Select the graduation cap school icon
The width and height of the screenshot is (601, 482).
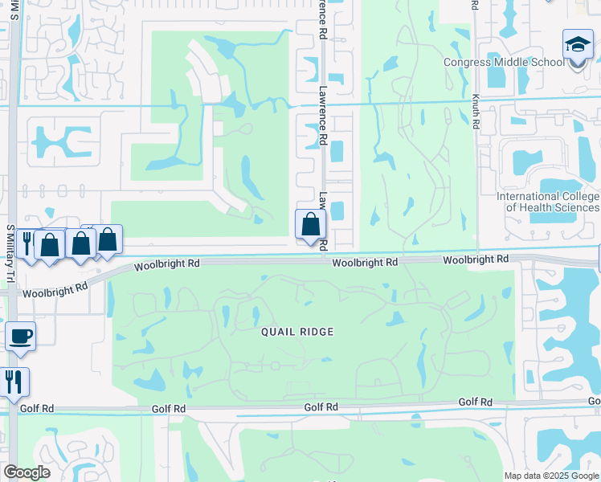578,46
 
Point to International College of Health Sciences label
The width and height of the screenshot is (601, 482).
548,202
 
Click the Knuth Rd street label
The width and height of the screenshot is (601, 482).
476,112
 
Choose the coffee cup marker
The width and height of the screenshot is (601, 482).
20,336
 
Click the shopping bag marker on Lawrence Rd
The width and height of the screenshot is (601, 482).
310,224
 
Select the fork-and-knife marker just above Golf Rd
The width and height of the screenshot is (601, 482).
14,381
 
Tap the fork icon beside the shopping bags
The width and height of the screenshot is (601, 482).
26,243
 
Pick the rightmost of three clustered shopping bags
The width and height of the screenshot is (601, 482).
107,239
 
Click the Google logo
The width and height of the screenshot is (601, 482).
27,472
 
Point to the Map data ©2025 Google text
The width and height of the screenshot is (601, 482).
551,476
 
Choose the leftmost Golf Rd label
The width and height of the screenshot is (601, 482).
36,408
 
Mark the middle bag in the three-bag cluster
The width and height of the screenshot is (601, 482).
80,242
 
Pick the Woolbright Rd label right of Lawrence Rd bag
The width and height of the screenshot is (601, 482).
365,263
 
